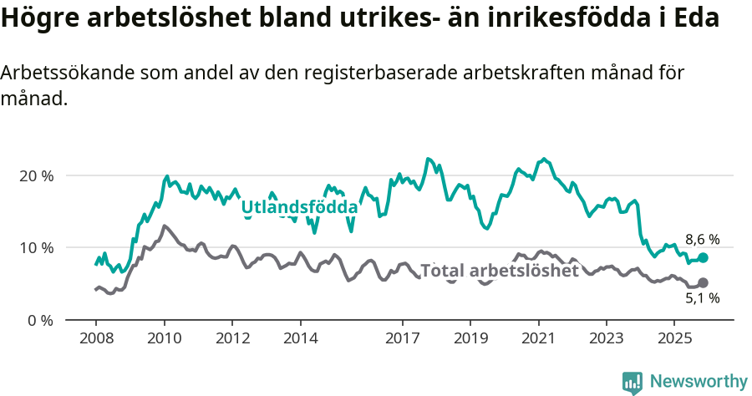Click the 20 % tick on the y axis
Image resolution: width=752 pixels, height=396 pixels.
coord(36,176)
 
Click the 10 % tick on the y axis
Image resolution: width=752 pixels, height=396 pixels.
coord(36,248)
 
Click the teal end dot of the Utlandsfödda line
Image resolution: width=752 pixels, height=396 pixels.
coord(703,258)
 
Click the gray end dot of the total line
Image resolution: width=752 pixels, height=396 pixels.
coord(703,283)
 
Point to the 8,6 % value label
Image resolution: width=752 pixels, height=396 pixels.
coord(702,239)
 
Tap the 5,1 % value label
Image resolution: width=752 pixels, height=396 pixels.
coord(702,298)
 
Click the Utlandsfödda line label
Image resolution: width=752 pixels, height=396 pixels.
coord(299,206)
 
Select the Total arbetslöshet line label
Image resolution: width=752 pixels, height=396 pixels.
coord(499,271)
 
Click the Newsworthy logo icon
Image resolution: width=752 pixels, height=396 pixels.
coord(633,382)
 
